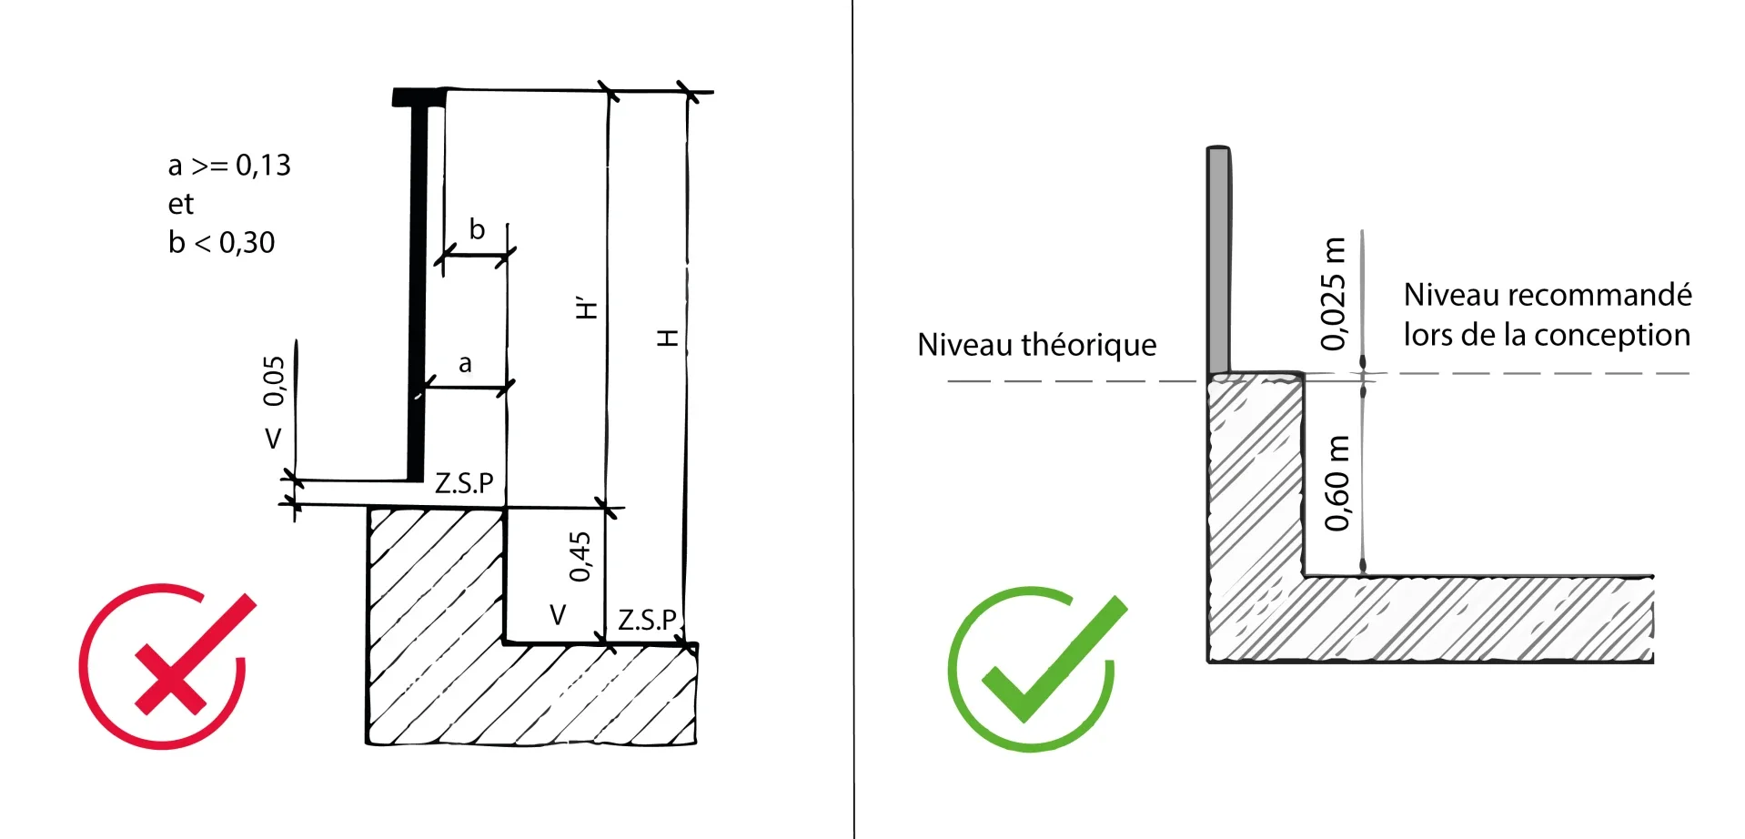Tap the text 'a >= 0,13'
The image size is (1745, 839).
[229, 166]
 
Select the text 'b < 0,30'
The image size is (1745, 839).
[221, 243]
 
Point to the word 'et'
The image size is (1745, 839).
[180, 204]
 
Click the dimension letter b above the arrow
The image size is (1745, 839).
[477, 229]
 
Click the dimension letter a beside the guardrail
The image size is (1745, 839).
[465, 364]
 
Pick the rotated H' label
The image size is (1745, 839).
[587, 308]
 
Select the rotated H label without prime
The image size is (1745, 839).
[668, 339]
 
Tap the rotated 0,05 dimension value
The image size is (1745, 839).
[274, 380]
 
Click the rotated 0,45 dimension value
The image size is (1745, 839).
[580, 556]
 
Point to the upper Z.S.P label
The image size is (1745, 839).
[464, 483]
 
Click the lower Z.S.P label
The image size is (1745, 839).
[648, 620]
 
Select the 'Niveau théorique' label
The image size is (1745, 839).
[1037, 345]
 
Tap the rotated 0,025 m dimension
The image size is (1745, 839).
[1333, 293]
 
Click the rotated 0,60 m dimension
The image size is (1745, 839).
[1336, 483]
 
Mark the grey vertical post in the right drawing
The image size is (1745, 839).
[1219, 259]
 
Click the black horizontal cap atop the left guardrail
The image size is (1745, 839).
[419, 97]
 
